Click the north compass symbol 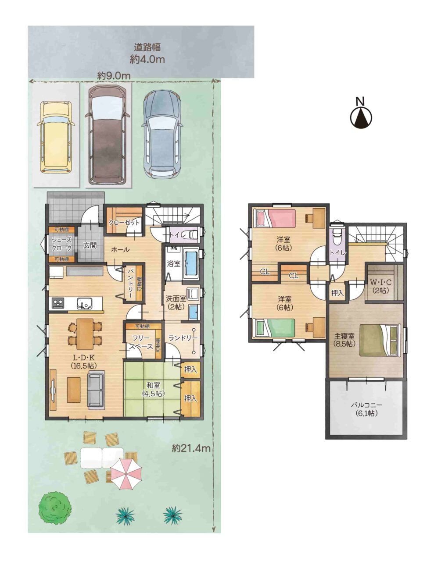[361, 116]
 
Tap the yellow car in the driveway [56, 137]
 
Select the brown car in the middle [107, 135]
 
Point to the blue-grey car [162, 134]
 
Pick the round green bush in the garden [54, 505]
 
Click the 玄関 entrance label [90, 245]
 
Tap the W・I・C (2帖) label [381, 286]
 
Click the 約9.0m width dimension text [114, 76]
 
